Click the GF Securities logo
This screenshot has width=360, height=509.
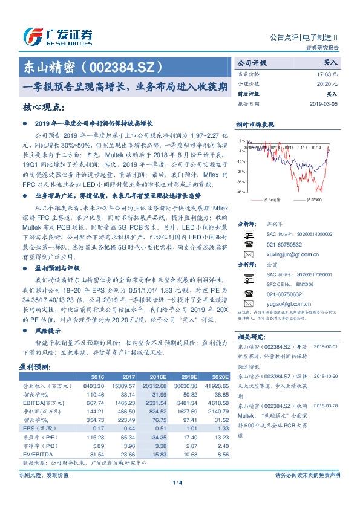[57, 36]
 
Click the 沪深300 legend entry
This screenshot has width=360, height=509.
[314, 199]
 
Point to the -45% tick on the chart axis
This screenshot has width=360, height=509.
[241, 192]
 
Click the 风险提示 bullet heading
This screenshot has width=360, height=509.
[48, 331]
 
